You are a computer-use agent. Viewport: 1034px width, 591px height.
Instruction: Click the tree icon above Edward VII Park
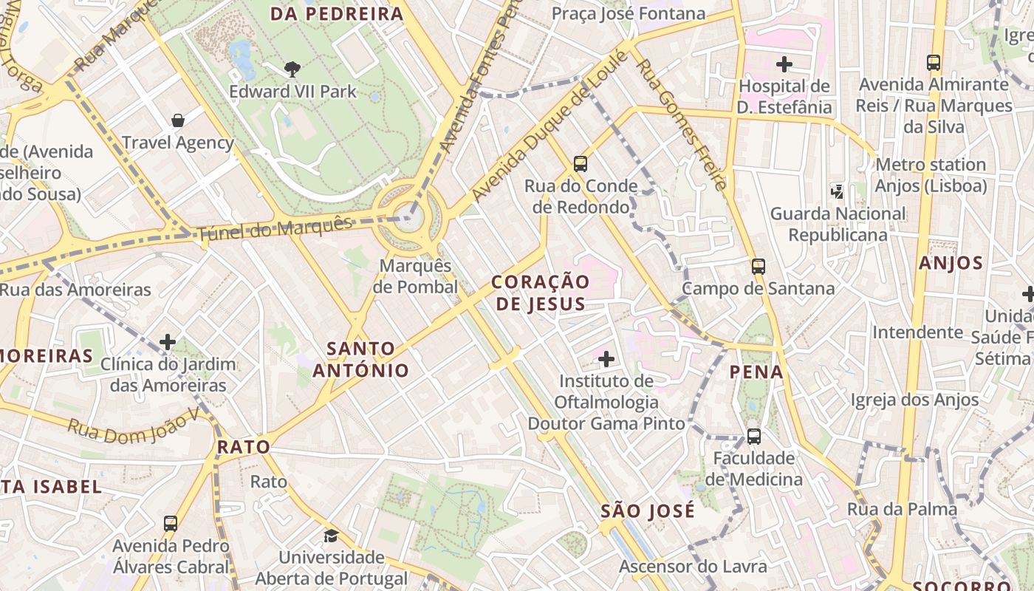(292, 69)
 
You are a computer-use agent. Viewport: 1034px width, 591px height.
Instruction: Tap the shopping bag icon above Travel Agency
(177, 120)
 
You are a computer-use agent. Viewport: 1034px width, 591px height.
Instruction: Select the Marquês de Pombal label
(415, 276)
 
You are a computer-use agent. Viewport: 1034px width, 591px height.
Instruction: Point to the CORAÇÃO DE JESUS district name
(541, 293)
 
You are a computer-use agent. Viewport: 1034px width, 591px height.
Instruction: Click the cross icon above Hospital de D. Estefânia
(784, 64)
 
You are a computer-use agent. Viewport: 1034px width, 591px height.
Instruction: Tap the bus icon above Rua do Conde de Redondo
(581, 163)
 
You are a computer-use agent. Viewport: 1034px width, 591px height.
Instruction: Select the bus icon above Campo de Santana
(758, 266)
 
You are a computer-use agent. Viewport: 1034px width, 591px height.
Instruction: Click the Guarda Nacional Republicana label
(838, 224)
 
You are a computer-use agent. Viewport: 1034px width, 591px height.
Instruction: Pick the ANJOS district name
(951, 263)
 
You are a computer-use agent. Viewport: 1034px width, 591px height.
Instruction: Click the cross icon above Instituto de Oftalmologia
(606, 360)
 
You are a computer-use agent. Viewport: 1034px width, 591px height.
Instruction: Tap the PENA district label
(756, 372)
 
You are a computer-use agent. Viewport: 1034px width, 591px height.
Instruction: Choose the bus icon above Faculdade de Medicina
(753, 436)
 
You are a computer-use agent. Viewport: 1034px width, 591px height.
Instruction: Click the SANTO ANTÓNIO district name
(360, 359)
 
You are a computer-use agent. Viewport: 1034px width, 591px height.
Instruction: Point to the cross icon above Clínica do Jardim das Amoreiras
(168, 342)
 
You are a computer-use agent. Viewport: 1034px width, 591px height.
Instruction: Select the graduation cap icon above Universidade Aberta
(331, 536)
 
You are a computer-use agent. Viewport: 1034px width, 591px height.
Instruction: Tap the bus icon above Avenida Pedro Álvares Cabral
(171, 524)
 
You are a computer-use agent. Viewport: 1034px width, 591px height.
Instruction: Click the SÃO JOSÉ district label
(647, 510)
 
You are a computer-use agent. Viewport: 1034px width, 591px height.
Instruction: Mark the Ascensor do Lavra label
(693, 567)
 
